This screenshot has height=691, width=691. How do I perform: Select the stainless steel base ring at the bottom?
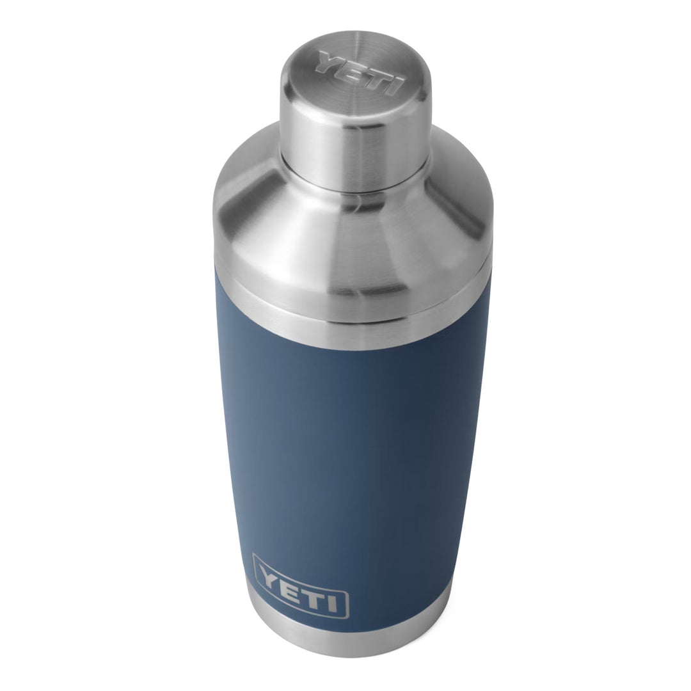339,640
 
